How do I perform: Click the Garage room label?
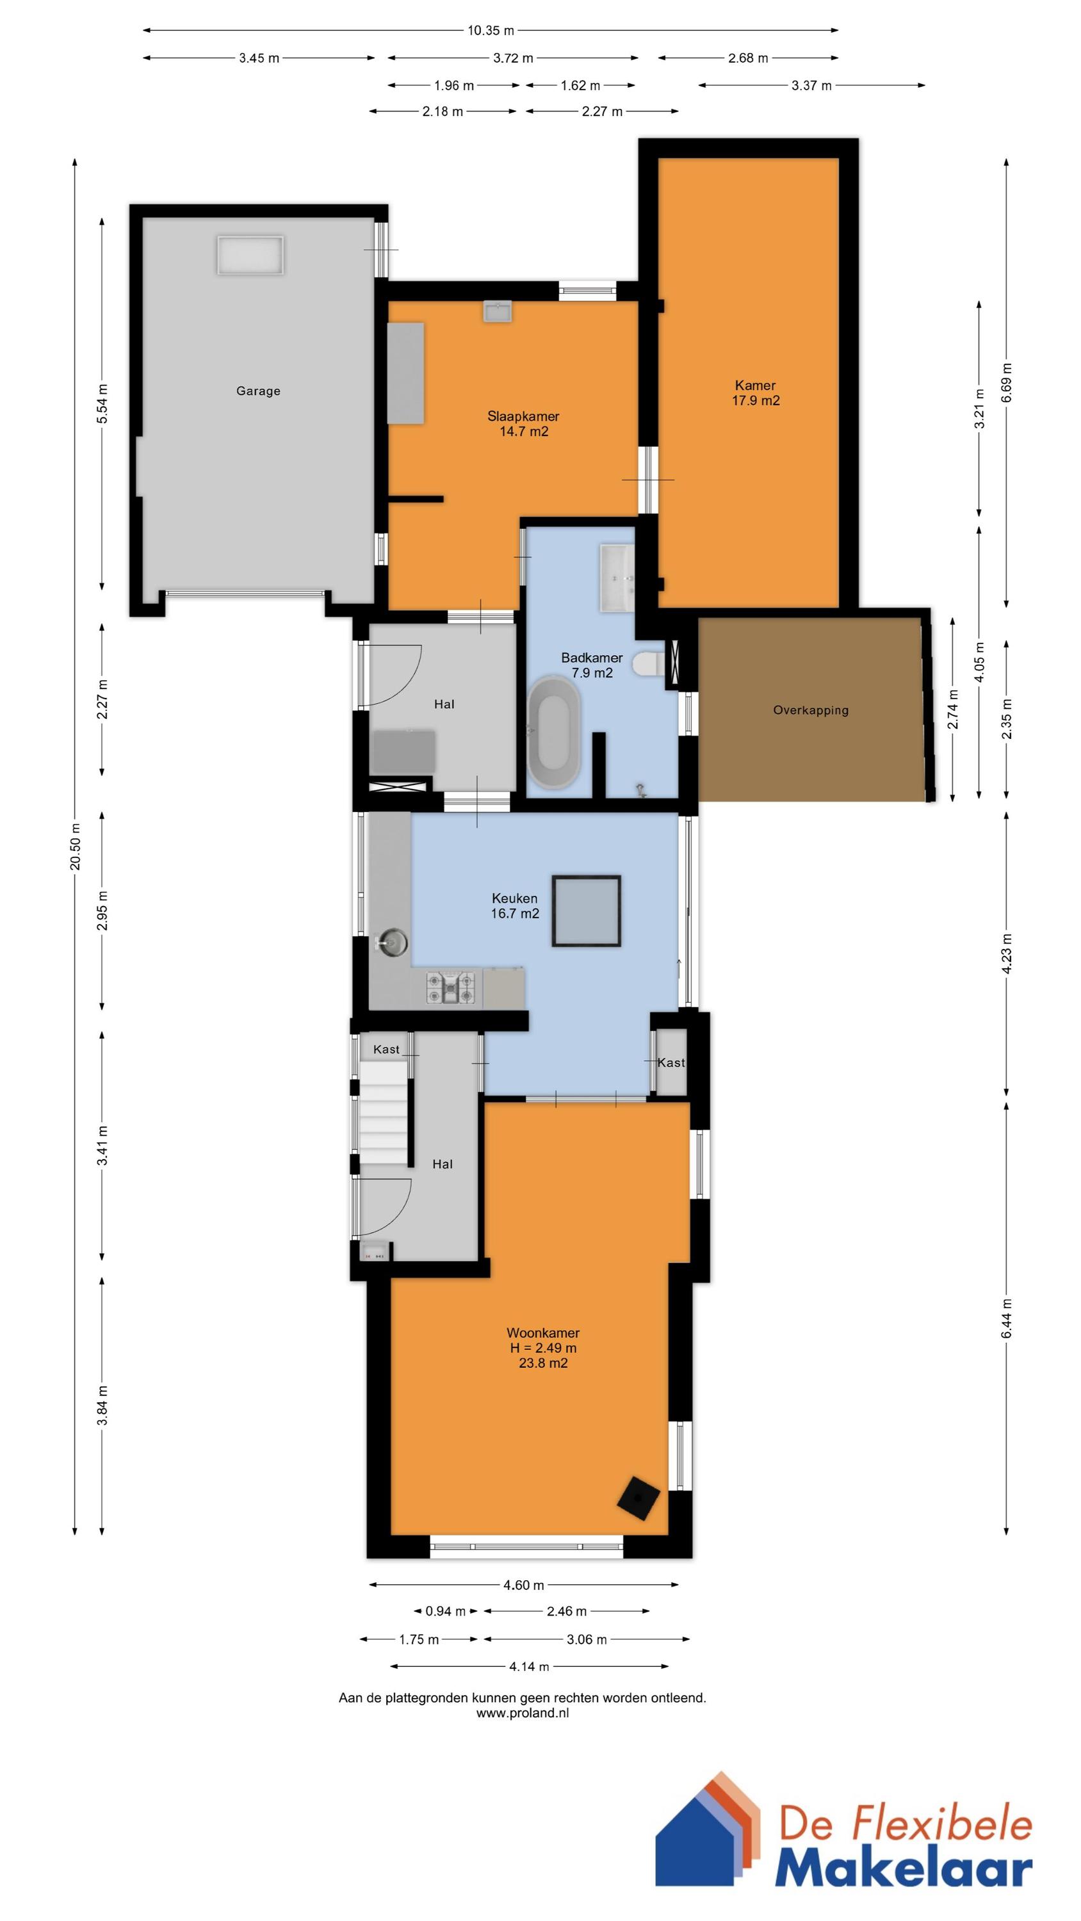258,391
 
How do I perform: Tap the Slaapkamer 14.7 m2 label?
523,423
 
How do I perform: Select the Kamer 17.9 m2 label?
756,393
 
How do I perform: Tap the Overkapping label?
811,710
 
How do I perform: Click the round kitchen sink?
392,943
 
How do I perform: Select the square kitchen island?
587,911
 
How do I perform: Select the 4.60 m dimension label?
524,1585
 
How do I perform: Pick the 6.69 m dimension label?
1007,382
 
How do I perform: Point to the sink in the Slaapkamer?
498,311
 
